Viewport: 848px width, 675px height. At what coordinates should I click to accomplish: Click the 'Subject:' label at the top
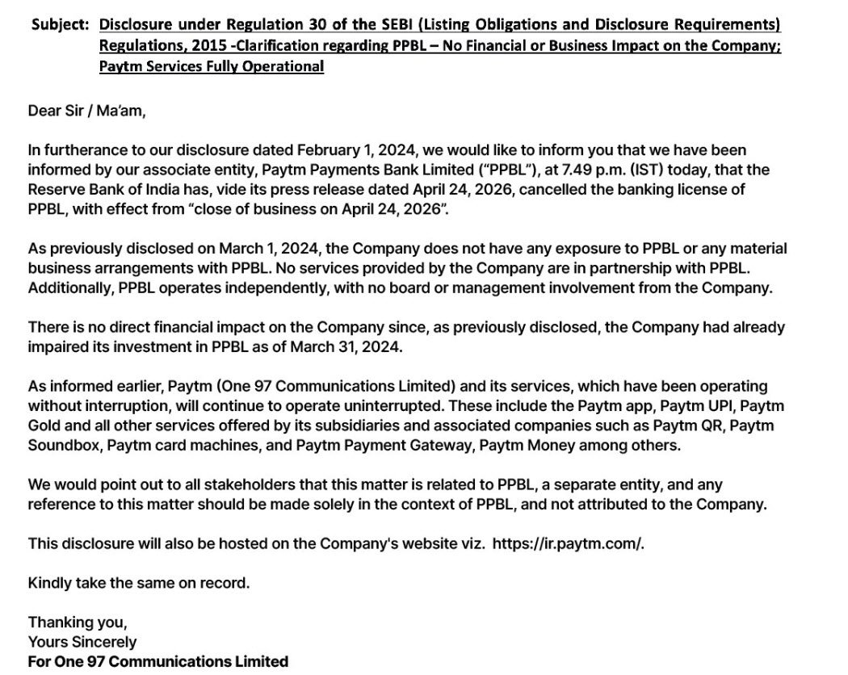click(60, 25)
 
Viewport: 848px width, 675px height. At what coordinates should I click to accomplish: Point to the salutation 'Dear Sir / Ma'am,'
click(87, 111)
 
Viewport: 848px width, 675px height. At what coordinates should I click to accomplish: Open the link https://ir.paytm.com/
click(568, 543)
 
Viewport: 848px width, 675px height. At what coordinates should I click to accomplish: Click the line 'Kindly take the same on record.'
click(139, 582)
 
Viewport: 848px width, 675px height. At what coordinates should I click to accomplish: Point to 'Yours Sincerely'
click(82, 642)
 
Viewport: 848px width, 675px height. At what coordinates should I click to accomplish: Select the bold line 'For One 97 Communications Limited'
click(158, 661)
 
